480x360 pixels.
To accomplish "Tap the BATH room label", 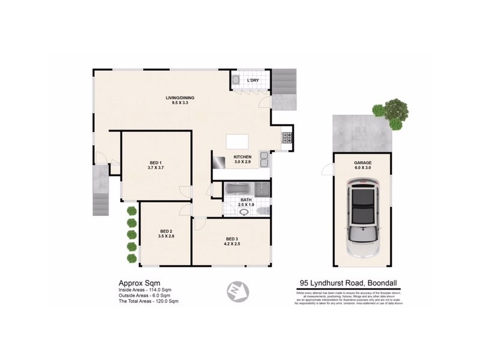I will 247,200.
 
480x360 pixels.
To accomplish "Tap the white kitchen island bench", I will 237,142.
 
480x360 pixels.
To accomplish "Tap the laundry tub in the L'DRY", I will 236,80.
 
